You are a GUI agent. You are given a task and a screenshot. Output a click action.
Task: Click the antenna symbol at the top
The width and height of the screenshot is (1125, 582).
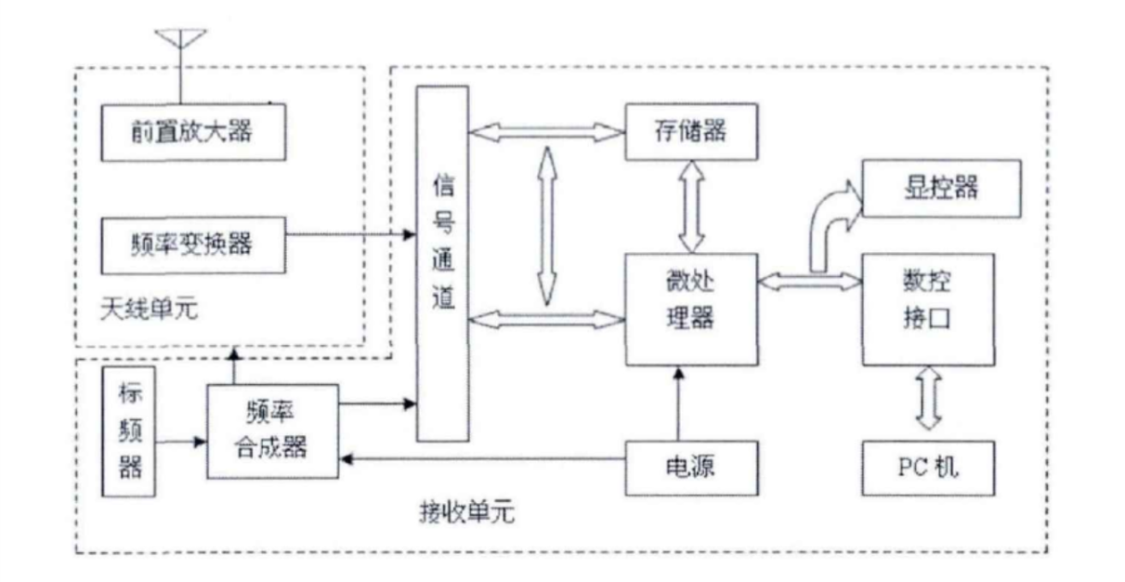tap(179, 43)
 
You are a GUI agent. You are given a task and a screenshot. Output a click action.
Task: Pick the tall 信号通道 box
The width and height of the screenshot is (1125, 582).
tap(443, 263)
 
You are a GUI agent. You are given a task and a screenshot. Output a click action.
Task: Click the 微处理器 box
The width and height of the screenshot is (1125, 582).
tap(691, 308)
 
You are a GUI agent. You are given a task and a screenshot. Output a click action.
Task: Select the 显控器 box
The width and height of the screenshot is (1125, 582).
tap(930, 185)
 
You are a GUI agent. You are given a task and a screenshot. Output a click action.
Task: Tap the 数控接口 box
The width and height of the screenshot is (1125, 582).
tap(930, 308)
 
